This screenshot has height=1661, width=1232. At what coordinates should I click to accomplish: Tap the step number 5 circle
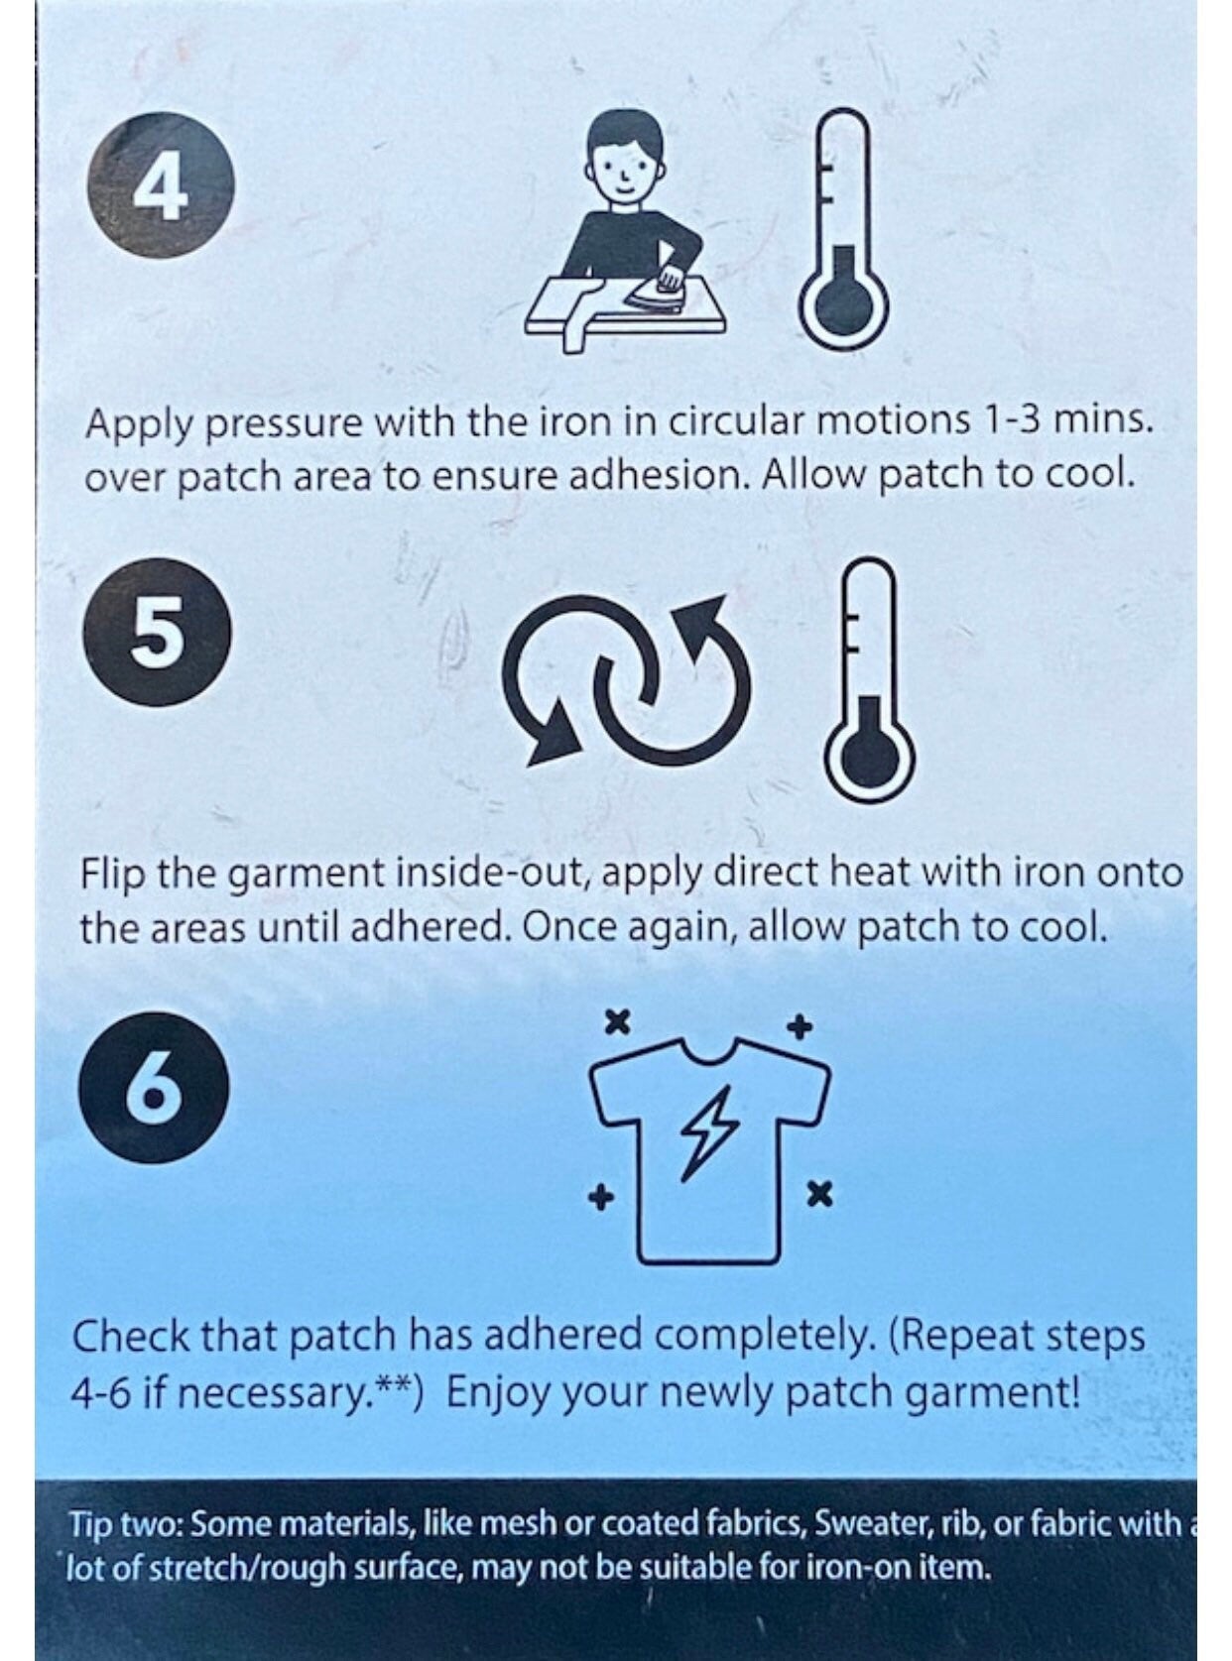point(158,633)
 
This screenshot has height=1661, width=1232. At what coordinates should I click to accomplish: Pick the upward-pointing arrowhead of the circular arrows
point(704,616)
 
